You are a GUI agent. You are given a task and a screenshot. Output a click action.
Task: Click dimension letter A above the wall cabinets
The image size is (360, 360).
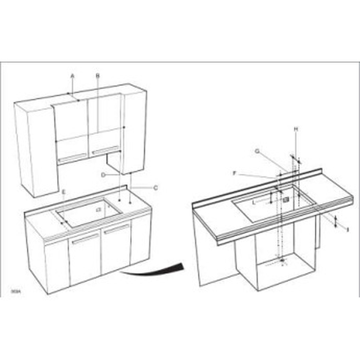(73, 76)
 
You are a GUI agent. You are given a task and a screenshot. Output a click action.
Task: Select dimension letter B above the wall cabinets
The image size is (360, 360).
(97, 76)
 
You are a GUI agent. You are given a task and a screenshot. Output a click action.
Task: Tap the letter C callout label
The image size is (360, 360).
(156, 188)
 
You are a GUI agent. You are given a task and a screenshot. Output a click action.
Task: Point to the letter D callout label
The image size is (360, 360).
(103, 175)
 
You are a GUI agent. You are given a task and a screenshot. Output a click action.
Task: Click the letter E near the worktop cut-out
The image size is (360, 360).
(63, 192)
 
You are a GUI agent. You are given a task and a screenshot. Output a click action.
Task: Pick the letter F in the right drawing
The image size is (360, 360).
(235, 174)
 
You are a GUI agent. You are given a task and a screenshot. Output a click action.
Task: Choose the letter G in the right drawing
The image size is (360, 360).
(257, 151)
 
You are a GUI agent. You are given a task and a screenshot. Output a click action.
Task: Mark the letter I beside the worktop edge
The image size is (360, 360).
(348, 228)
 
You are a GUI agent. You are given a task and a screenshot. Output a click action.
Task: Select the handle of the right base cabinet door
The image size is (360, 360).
(117, 229)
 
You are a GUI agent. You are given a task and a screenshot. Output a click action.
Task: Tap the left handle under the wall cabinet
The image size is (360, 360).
(71, 157)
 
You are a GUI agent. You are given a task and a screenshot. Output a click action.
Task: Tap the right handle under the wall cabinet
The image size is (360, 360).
(104, 150)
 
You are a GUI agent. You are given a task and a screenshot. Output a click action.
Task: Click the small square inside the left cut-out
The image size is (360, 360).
(98, 210)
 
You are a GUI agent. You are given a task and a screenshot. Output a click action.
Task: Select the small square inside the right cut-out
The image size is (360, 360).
(286, 199)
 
